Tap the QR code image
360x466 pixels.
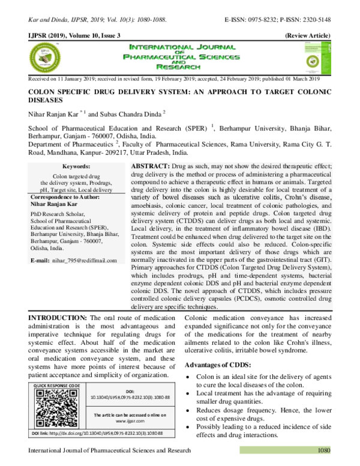(x=56, y=407)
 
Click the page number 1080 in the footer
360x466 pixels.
(x=325, y=450)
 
